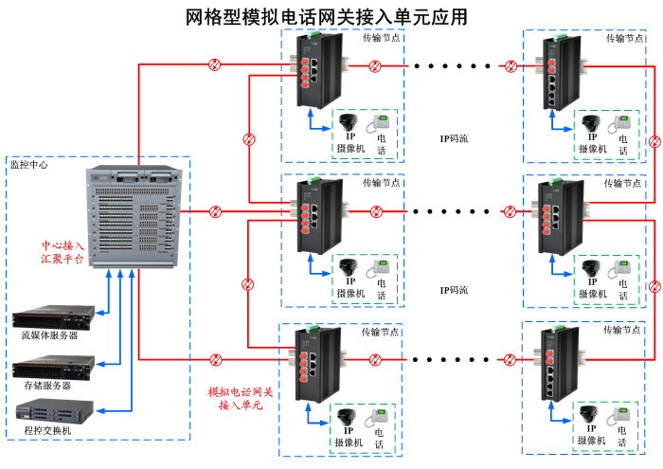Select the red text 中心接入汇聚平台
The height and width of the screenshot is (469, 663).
point(62,250)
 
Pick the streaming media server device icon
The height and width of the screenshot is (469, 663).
point(53,316)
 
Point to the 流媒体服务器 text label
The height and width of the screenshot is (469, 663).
point(49,334)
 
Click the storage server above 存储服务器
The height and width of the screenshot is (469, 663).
point(53,367)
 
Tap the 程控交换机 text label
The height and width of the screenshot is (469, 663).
point(47,431)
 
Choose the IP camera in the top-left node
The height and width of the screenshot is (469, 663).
point(349,122)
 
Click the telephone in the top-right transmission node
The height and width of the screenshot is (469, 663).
point(622,124)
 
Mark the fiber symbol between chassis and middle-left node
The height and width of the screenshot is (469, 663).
point(215,210)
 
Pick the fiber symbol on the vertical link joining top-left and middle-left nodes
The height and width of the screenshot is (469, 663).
point(248,138)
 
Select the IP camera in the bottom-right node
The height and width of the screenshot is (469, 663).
point(591,414)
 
